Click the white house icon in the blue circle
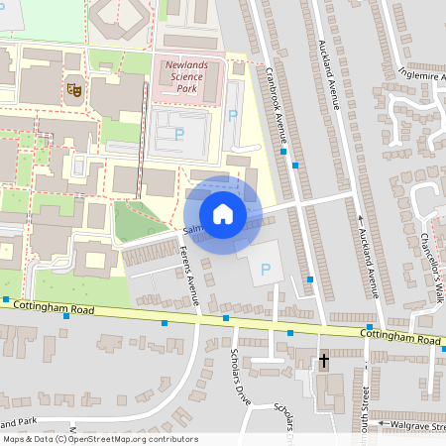coord(222,213)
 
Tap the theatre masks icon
coord(72,89)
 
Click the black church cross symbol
coord(323,361)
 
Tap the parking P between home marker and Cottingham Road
coord(265,269)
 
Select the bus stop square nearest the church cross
coord(290,334)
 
